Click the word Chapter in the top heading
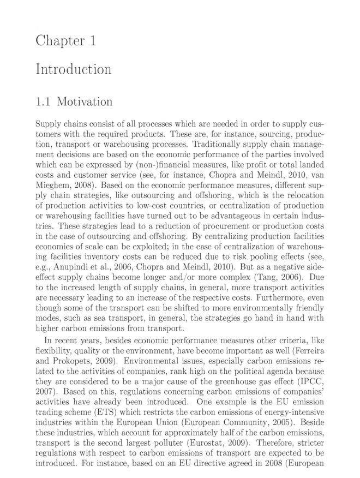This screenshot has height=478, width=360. (57, 41)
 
